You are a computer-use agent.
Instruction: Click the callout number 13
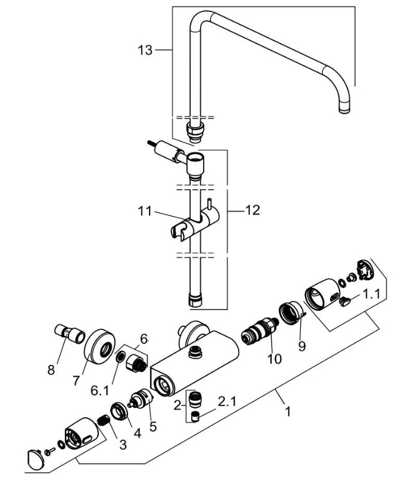coord(145,50)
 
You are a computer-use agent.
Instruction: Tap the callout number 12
coord(253,210)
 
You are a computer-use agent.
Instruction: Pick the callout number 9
coord(302,345)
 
